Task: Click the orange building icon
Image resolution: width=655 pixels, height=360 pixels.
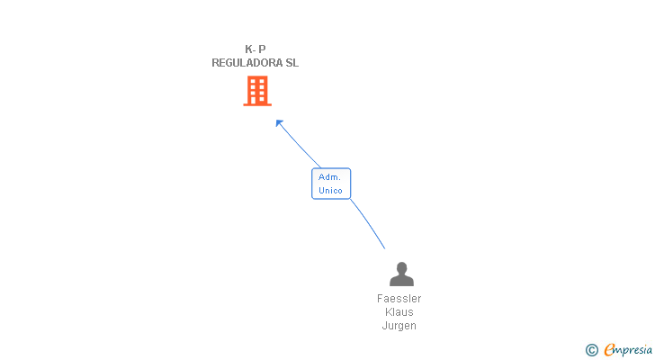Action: [x=257, y=91]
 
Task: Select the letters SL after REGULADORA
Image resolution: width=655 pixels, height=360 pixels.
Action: [x=291, y=63]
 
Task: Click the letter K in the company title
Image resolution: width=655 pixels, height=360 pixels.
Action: [x=248, y=49]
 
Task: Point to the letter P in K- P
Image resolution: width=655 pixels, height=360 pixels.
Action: [x=262, y=49]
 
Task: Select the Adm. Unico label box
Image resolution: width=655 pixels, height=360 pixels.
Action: [x=331, y=184]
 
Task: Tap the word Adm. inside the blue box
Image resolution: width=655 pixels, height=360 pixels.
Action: [x=329, y=177]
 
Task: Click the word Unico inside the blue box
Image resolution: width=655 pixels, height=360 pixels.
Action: [x=330, y=191]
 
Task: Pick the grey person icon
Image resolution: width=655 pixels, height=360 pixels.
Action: [x=401, y=274]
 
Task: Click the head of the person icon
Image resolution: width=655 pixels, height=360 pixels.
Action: [x=401, y=268]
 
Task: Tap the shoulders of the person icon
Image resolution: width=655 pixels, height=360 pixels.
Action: [x=401, y=281]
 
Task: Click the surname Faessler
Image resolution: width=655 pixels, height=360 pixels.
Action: [x=399, y=299]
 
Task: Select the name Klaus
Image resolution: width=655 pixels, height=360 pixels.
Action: [x=399, y=312]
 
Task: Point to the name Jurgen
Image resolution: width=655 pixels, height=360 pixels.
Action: [x=399, y=326]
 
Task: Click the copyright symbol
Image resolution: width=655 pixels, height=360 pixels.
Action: [x=592, y=349]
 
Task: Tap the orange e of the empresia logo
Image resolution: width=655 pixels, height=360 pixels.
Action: [x=609, y=349]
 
